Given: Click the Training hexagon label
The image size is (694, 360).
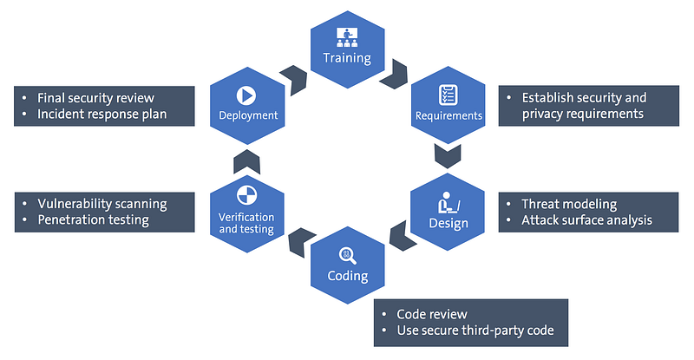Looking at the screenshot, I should click(347, 59).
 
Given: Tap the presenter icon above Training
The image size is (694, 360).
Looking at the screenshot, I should click(347, 37).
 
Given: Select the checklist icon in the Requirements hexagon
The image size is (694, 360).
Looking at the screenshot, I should click(448, 94).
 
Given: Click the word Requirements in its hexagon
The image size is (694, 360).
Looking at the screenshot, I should click(448, 115).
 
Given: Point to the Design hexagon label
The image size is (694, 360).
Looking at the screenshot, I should click(448, 224).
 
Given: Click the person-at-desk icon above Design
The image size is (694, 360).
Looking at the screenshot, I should click(448, 203).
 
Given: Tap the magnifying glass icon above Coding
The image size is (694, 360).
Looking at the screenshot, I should click(347, 255).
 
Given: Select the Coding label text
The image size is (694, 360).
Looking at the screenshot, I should click(347, 277).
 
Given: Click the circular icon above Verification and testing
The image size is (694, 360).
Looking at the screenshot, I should click(246, 193).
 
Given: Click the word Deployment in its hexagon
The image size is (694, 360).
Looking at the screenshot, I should click(247, 115).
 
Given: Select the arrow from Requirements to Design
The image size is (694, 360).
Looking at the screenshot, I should click(448, 155).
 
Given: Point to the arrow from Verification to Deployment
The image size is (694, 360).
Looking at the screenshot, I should click(246, 160).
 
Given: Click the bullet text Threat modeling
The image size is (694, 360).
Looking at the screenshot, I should click(569, 205).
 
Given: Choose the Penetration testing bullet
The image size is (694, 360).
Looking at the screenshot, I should click(93, 220).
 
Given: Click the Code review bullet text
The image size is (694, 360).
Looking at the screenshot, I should click(431, 314).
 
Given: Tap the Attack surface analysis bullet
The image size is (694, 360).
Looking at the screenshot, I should click(586, 220).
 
